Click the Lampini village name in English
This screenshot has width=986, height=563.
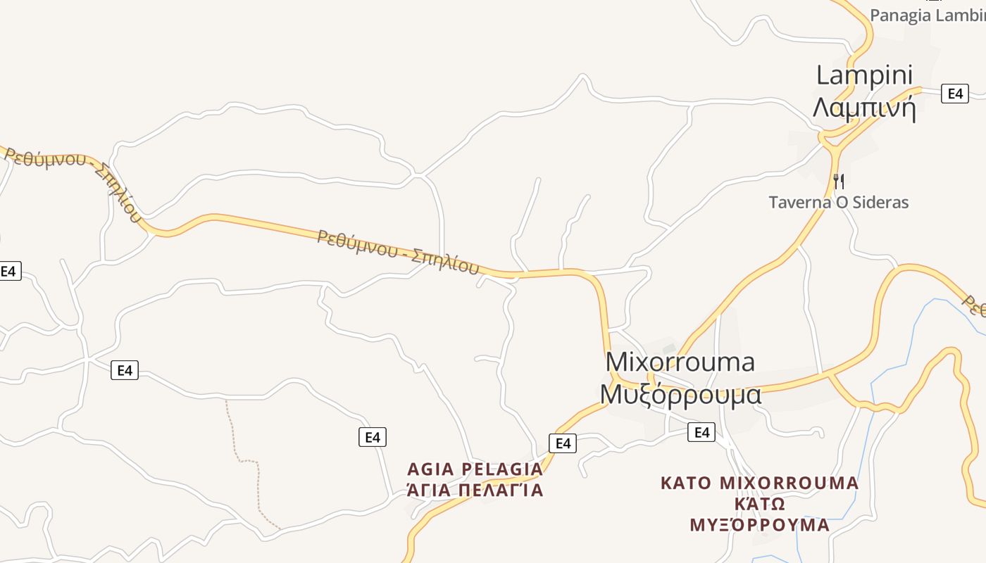click(864, 75)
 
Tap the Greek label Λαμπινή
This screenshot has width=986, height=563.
click(864, 108)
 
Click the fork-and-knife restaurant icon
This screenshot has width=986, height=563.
click(838, 181)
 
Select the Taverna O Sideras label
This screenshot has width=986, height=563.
click(838, 203)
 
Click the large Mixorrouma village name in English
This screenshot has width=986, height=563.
click(680, 362)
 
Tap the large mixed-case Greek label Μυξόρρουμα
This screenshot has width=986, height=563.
click(680, 395)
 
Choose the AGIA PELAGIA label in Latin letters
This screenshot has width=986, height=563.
click(475, 469)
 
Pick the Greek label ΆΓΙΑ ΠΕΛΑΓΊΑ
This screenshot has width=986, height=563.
click(475, 491)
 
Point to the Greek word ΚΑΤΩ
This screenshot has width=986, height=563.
click(759, 505)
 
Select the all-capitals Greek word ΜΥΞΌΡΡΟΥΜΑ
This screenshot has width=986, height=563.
click(759, 526)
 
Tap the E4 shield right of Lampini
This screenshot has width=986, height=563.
click(954, 94)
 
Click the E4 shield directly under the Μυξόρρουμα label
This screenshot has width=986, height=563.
click(701, 432)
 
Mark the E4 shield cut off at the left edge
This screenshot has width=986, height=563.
click(9, 271)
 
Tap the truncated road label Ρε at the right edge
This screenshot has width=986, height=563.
click(975, 305)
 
